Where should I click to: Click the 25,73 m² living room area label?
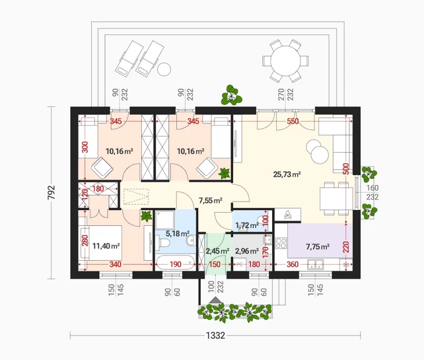pos(287,175)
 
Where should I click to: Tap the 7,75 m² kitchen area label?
pos(318,247)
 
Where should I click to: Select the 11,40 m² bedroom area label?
pos(106,246)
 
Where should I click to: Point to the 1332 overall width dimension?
pos(216,335)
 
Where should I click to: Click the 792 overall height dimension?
pos(51,193)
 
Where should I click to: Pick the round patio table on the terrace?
pos(285,61)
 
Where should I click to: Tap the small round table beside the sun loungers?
pos(164,69)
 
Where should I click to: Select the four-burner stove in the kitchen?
pos(281,243)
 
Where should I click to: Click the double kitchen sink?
pos(315,265)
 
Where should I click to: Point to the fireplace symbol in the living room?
pos(287,215)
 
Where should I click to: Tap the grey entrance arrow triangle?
pos(216,300)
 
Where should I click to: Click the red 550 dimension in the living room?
pos(293,121)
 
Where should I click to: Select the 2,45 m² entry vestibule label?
pos(218,251)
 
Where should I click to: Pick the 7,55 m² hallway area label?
pos(211,200)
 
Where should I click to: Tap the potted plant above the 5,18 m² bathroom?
pos(146,216)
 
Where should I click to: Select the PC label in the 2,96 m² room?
pos(240,265)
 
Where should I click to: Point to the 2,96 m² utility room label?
pos(247,251)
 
